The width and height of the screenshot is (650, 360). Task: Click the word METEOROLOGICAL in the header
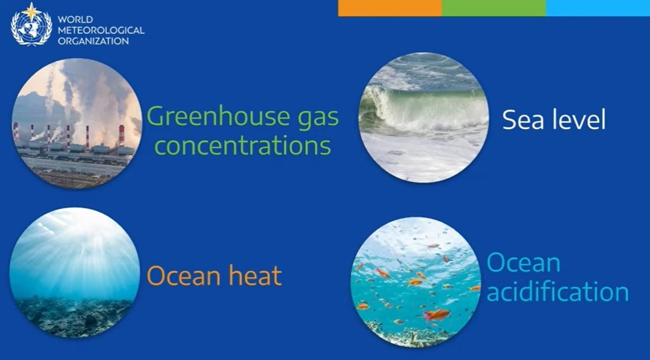point(101,30)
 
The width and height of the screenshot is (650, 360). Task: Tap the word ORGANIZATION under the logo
point(93,41)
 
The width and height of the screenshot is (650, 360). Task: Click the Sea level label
point(554,120)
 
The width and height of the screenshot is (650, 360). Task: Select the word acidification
point(558,291)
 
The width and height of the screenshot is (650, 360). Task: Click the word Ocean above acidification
point(524,263)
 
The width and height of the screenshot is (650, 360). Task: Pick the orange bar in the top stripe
point(390,8)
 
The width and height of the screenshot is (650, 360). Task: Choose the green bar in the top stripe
point(494,8)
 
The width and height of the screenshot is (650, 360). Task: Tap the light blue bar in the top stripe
point(598,8)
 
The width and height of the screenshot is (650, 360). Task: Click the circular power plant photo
point(77,123)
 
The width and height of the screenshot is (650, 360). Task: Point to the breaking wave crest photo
point(424,117)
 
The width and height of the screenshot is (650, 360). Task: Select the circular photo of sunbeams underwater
point(75,272)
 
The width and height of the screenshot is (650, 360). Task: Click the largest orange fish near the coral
point(437,315)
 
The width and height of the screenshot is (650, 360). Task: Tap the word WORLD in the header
point(75,19)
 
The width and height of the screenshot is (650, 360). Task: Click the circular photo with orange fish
point(416,282)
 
